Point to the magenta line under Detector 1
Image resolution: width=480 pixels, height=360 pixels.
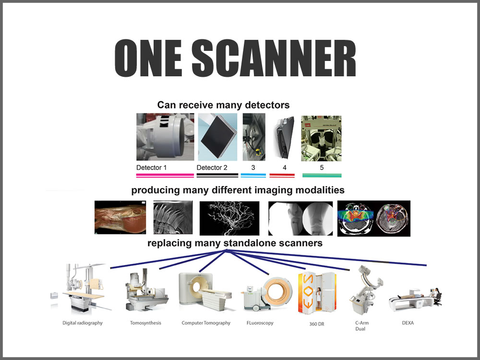coord(165,176)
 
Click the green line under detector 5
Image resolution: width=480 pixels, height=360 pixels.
coord(322,176)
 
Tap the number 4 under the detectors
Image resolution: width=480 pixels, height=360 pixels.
coord(284,168)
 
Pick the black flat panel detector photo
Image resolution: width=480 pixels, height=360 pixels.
coord(217,137)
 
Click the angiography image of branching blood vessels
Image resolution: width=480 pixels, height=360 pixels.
coord(229,218)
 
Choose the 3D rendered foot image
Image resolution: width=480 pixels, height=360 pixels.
coord(120,218)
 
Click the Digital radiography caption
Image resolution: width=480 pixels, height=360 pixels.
coord(83,323)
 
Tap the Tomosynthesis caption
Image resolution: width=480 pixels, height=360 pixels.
coord(145,323)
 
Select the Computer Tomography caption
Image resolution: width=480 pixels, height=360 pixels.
coord(206,323)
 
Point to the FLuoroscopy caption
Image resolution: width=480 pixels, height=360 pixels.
coord(259,323)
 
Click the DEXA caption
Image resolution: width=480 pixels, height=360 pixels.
coord(408,323)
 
